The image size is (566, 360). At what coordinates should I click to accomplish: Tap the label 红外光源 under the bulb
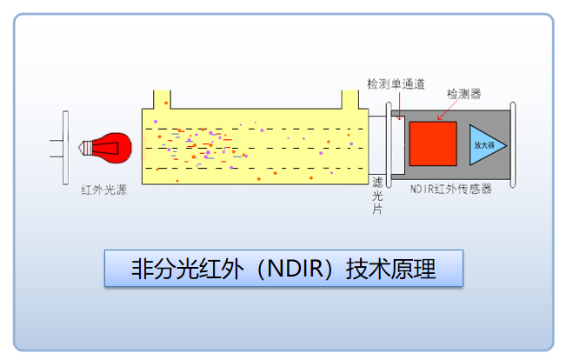[x=103, y=190]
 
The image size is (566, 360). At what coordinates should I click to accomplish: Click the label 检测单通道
[x=396, y=84]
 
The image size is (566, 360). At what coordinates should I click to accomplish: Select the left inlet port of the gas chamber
[x=161, y=97]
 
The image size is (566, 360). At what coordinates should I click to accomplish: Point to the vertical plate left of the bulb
[x=66, y=147]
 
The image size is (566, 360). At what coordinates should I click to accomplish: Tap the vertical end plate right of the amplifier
[x=514, y=145]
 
